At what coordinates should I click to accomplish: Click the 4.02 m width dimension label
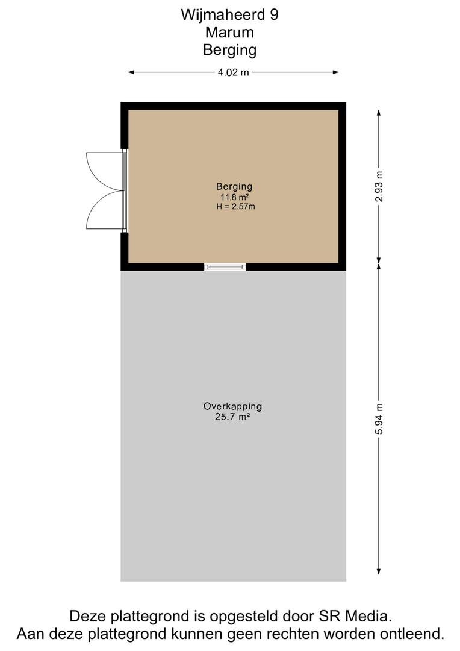coord(234,72)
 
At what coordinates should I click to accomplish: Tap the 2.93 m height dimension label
coord(379,186)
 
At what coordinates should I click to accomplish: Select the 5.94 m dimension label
coord(379,419)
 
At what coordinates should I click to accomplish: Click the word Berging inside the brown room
coord(234,187)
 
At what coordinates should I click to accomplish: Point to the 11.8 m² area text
coord(234,197)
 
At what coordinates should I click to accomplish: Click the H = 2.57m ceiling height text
coord(235,206)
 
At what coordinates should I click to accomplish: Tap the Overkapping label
coord(232,406)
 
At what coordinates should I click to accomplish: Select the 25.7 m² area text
coord(232,417)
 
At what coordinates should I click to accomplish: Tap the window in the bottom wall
coord(225,267)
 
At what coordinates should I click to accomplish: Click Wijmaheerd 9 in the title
coord(229,14)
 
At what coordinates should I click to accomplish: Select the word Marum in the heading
coord(229,33)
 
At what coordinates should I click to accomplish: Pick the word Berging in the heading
coord(229,50)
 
